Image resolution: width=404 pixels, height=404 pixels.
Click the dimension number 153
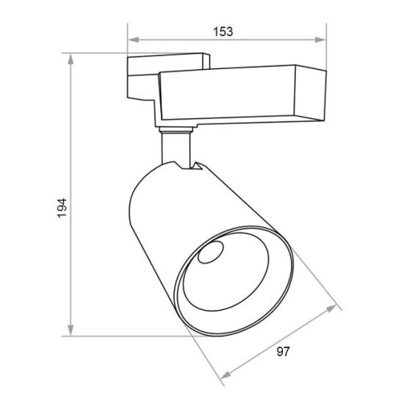(223, 32)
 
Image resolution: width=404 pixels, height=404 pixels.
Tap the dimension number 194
(62, 208)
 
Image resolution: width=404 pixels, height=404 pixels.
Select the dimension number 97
(283, 351)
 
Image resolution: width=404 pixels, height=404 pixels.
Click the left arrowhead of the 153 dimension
(134, 40)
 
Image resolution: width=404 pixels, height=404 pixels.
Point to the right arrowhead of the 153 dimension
(320, 40)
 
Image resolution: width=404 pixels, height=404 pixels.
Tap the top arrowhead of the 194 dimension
(71, 59)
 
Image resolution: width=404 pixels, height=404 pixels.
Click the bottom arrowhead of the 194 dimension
(71, 331)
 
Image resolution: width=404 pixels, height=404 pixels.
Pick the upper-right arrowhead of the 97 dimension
(331, 309)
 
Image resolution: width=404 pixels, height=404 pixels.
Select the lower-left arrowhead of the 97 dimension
(226, 375)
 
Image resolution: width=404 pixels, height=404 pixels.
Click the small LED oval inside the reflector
(211, 252)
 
